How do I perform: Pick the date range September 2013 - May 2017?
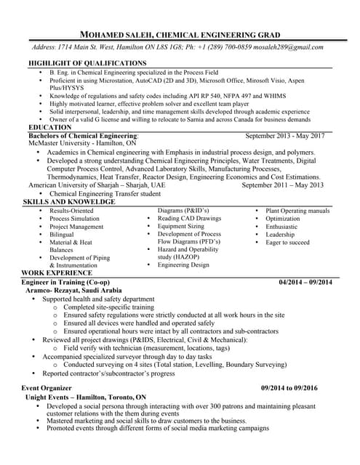pos(285,136)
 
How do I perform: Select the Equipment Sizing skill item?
pos(181,226)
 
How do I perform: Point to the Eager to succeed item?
pos(287,243)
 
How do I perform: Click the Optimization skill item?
pos(282,218)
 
